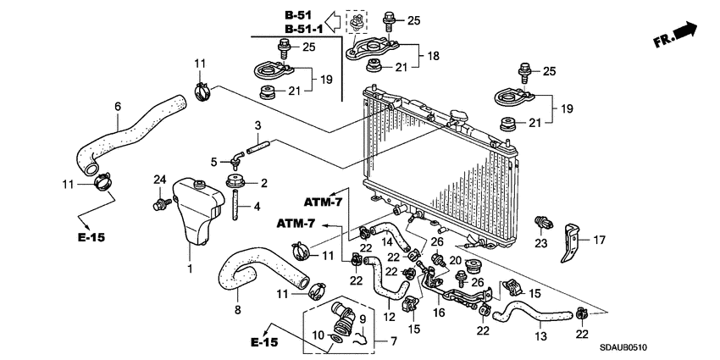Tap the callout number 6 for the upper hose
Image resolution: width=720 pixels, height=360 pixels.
pos(118,106)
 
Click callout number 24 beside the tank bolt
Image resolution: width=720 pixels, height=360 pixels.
pos(158,179)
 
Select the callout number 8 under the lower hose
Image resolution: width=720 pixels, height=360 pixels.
pos(237,310)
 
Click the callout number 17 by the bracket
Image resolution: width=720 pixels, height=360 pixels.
pos(599,240)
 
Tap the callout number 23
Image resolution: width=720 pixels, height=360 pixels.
pos(539,243)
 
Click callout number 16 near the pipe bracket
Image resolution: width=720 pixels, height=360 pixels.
pos(440,313)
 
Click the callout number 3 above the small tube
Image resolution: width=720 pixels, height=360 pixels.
pos(256,125)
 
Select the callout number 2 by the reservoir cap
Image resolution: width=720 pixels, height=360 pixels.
pos(263,183)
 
